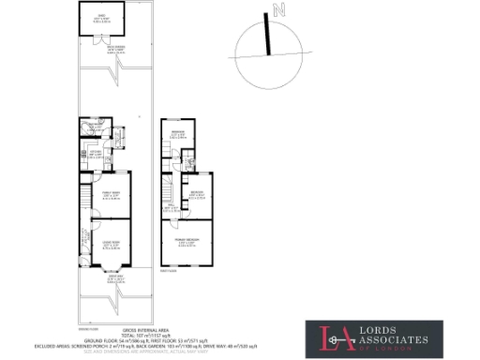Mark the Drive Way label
pos(115,278)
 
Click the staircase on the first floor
pos(170,188)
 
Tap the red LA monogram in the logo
pos(333,338)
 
